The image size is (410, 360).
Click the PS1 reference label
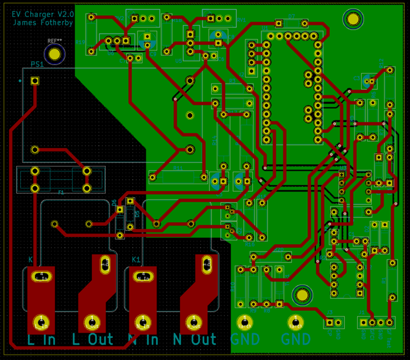pyautogui.click(x=37, y=64)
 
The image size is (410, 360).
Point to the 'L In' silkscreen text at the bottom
pyautogui.click(x=41, y=340)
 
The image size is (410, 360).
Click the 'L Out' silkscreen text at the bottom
pyautogui.click(x=92, y=340)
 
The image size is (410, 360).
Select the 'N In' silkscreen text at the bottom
pyautogui.click(x=143, y=340)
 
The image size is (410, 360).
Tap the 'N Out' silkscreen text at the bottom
pyautogui.click(x=195, y=340)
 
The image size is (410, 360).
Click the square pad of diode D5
pyautogui.click(x=130, y=201)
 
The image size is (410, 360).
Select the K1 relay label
pyautogui.click(x=136, y=259)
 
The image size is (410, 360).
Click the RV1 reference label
pyautogui.click(x=241, y=20)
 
